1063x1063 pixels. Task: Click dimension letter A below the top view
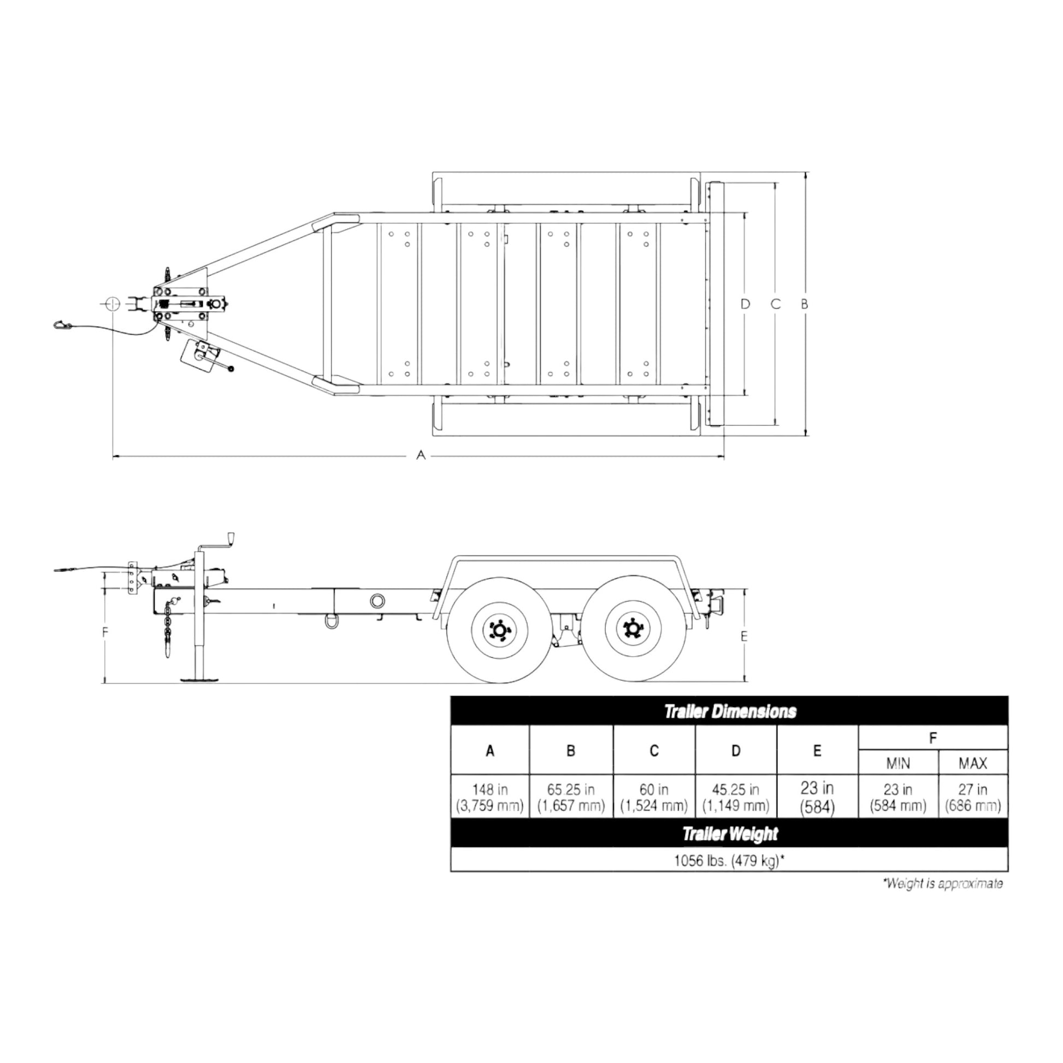[x=421, y=455]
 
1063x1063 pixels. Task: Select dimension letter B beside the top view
[x=804, y=304]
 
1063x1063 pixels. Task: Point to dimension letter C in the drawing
[x=775, y=304]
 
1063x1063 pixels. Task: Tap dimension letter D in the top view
[x=745, y=304]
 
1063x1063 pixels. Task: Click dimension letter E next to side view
[x=744, y=636]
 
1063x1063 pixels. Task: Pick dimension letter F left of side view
[x=105, y=632]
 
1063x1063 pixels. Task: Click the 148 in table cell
[x=489, y=798]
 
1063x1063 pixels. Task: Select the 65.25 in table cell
[x=571, y=798]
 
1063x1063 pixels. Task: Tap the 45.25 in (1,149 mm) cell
[x=736, y=798]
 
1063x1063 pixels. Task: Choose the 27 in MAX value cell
[x=973, y=798]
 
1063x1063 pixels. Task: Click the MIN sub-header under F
[x=898, y=763]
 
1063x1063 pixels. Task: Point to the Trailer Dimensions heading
[x=730, y=711]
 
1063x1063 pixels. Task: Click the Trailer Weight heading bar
[x=730, y=834]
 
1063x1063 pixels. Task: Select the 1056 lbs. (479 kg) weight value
[x=730, y=860]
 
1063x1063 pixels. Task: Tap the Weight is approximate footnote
[x=942, y=884]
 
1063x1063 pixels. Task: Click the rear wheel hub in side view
[x=632, y=629]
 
